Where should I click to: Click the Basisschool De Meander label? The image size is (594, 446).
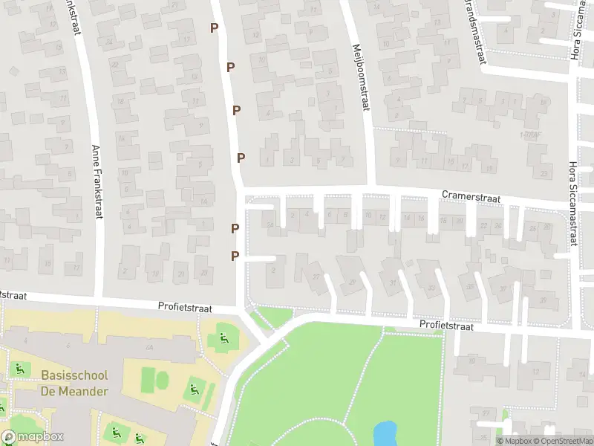click(74, 384)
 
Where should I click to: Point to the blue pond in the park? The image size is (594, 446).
click(384, 431)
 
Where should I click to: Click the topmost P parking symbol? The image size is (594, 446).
click(215, 28)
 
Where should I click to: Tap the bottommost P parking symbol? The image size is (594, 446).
click(235, 256)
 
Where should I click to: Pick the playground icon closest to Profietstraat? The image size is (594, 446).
click(223, 340)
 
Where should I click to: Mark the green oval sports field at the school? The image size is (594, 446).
click(162, 380)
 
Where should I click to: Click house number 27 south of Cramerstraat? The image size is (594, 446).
click(317, 277)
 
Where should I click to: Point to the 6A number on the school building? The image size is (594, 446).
click(149, 347)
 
